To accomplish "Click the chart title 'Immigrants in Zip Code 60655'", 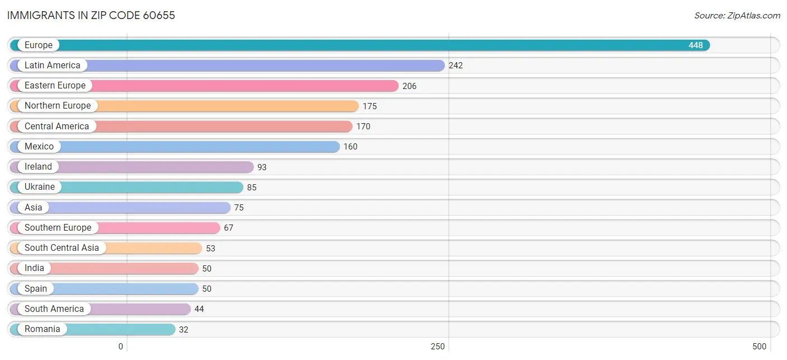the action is (x=91, y=16).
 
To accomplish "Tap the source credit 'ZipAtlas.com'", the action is (x=753, y=16).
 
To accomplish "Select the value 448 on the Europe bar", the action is (x=695, y=45).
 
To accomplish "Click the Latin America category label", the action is (x=53, y=66).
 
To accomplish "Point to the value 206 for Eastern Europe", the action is (x=409, y=86).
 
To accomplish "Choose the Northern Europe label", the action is (x=58, y=106).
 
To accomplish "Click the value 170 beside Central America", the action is (x=363, y=127).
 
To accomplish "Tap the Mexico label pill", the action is (x=39, y=147).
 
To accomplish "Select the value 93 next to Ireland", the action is (x=262, y=167).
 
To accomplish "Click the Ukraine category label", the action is (x=40, y=186).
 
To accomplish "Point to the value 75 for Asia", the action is (x=239, y=208).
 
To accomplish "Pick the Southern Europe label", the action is (x=58, y=228).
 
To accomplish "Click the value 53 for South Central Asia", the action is (x=210, y=249).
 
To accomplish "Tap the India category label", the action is (x=34, y=268).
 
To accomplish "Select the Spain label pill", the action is (x=35, y=289).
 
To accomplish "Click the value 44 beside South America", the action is (x=199, y=309).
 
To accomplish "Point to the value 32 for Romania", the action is (x=184, y=330).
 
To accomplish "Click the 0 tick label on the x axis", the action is (x=120, y=347).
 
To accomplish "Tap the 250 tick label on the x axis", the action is (x=438, y=347).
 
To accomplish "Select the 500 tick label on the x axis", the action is (x=759, y=347).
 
